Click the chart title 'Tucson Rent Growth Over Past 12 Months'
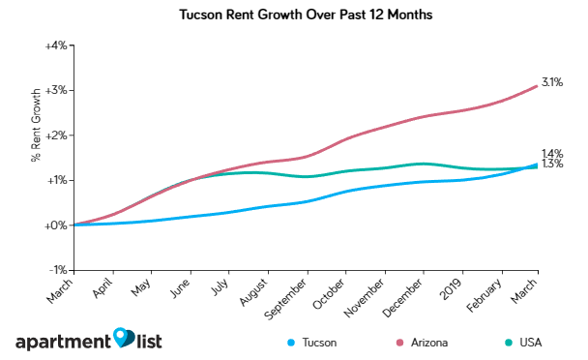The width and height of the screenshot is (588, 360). coord(294,16)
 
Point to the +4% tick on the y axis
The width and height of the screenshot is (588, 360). coord(53,45)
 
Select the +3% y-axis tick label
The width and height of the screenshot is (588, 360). coord(53,90)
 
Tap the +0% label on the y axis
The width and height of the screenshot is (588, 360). coord(53,225)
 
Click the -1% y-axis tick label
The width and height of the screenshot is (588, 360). coord(55,270)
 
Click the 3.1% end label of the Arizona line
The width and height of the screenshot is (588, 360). coord(552,83)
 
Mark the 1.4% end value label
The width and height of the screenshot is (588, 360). coord(552,154)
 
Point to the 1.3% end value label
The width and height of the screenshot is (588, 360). coord(552,165)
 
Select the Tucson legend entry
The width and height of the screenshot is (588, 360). coord(313,343)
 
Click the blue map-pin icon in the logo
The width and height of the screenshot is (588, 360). coord(123,337)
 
